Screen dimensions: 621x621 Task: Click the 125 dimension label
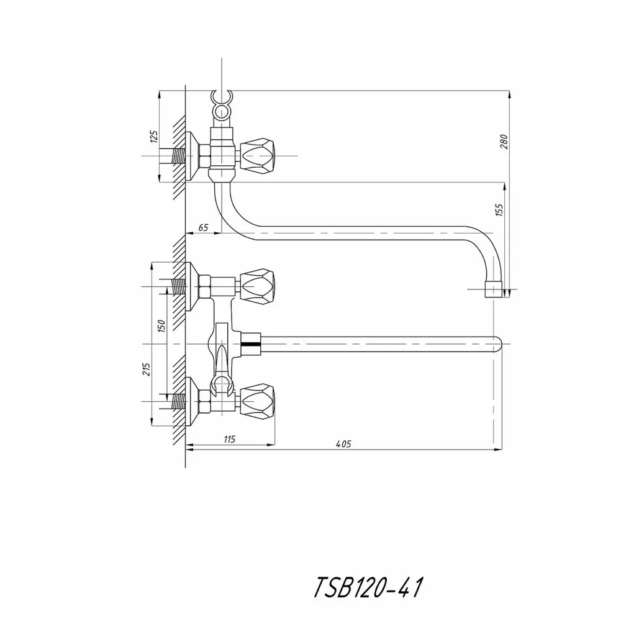point(153,137)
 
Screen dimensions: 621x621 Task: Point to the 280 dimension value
point(504,142)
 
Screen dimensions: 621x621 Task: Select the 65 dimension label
point(202,229)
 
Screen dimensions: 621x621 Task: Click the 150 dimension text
point(161,326)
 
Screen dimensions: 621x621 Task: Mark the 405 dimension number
point(343,443)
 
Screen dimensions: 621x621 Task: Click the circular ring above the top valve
point(221,111)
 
